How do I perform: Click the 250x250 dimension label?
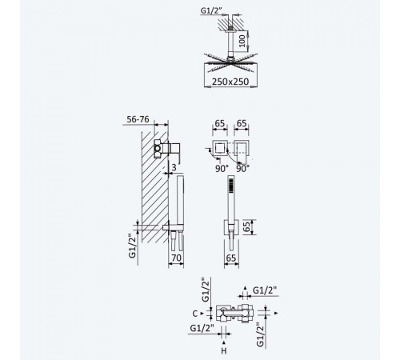[230, 82]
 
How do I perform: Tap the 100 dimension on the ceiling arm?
[242, 41]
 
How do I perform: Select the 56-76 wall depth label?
[138, 119]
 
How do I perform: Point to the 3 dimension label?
[174, 167]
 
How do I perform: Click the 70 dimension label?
[176, 258]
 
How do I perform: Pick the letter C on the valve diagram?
[195, 314]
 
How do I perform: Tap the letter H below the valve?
[224, 351]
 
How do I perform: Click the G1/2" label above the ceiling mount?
[211, 10]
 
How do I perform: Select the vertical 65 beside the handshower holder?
[247, 226]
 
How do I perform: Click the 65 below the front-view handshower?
[231, 258]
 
